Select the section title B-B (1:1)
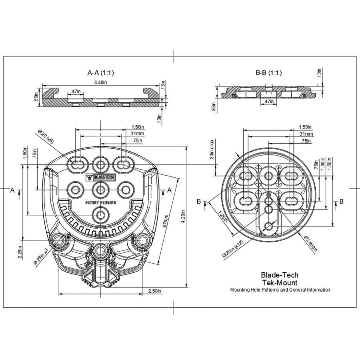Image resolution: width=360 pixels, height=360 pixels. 269,73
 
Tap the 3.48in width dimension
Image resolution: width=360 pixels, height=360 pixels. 100,82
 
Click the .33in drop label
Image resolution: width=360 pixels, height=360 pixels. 212,150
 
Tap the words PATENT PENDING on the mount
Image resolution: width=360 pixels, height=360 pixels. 100,203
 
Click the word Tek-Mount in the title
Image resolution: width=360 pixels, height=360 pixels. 279,282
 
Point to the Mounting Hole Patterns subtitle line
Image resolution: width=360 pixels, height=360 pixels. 280,290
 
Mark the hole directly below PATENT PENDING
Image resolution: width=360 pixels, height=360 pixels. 100,215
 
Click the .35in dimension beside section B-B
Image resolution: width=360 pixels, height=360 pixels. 214,107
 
